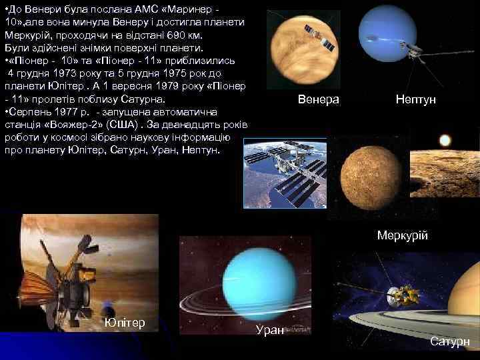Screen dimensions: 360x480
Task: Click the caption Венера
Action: (318, 99)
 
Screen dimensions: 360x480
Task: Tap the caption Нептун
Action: (415, 99)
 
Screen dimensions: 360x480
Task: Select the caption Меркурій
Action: (402, 236)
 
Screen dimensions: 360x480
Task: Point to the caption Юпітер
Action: (125, 323)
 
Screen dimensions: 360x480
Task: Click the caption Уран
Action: (270, 329)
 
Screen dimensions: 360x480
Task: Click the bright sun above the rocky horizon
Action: (445, 140)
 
